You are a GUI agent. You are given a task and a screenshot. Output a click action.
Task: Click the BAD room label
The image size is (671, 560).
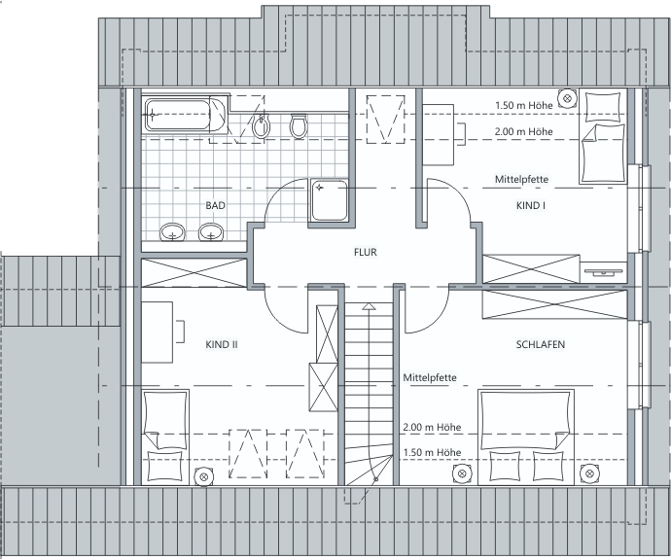(215, 205)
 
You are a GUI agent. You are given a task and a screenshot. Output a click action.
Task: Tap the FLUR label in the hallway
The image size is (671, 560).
(366, 253)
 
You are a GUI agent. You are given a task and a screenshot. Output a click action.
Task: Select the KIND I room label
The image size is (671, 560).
(531, 205)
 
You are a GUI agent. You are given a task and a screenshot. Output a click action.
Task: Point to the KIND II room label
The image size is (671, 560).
(222, 344)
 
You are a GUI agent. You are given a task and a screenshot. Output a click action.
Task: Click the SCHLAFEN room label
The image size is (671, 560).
(541, 344)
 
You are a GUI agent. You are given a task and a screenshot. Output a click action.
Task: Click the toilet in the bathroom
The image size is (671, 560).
(299, 125)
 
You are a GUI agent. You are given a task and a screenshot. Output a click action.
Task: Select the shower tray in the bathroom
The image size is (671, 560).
(329, 200)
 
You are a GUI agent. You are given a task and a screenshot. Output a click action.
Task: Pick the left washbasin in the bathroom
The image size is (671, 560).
(172, 232)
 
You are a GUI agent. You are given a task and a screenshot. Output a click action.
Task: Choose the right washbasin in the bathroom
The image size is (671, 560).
(211, 232)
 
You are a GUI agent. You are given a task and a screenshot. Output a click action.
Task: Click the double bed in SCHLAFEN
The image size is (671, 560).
(526, 437)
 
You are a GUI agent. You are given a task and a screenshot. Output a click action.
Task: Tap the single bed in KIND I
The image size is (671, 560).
(603, 136)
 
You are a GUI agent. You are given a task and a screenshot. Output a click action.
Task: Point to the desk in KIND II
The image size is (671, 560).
(157, 332)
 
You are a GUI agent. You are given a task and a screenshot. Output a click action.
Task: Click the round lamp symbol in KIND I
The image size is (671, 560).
(568, 98)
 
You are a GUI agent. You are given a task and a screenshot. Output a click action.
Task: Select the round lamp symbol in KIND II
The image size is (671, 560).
(203, 476)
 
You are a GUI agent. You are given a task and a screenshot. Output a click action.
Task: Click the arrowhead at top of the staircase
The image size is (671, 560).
(369, 306)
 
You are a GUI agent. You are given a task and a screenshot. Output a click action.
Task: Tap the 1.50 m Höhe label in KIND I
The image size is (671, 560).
(524, 105)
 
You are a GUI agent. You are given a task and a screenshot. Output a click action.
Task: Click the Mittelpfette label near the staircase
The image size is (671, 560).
(430, 378)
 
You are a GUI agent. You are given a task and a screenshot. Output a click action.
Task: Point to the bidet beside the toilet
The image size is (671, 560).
(261, 125)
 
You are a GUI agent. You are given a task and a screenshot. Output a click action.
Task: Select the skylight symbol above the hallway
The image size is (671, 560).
(385, 119)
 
